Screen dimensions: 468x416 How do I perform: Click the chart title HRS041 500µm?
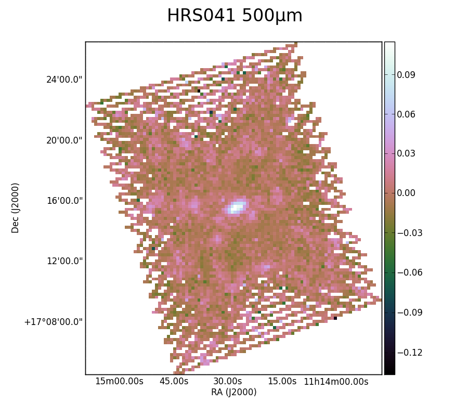(x=235, y=16)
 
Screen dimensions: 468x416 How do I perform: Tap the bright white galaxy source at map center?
(x=237, y=206)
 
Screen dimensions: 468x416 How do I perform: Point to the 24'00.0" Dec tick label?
(x=64, y=80)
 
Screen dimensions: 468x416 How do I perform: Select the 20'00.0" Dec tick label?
(x=64, y=140)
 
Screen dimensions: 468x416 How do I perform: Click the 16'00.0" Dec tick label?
(x=64, y=201)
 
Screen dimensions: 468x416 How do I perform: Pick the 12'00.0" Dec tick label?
(x=64, y=261)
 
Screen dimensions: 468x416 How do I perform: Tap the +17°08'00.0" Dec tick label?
(x=54, y=322)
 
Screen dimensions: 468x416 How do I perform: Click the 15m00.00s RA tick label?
(x=120, y=381)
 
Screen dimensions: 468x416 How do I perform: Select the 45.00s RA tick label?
(x=174, y=381)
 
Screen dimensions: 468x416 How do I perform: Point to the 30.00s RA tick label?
(x=228, y=381)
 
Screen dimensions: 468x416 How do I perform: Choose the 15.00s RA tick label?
(x=282, y=381)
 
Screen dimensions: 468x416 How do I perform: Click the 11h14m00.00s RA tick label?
(x=336, y=381)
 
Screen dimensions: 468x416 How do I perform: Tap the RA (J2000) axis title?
(x=233, y=392)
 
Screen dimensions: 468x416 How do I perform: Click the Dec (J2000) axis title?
(x=15, y=208)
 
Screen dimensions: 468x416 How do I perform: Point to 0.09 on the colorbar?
(x=406, y=74)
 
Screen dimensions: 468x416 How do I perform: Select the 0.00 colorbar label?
(x=406, y=193)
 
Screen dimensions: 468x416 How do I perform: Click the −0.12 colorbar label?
(x=410, y=353)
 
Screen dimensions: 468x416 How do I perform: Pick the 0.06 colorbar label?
(x=406, y=114)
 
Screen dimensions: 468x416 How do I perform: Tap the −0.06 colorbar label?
(x=410, y=272)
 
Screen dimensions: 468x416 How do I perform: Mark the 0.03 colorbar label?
(x=406, y=153)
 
